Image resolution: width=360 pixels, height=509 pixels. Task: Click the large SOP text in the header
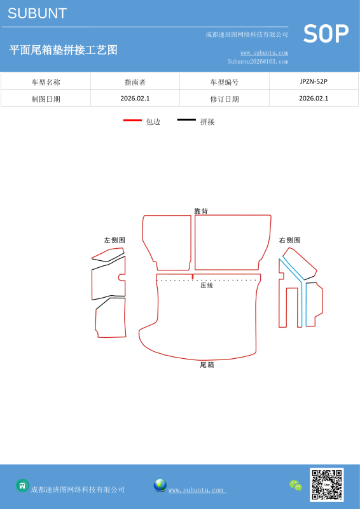326,34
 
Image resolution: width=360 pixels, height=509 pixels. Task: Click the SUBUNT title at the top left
37,13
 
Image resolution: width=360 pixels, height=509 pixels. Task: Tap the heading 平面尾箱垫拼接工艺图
63,50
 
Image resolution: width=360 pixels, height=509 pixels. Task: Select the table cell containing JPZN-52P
314,81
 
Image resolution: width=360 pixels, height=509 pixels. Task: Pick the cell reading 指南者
135,82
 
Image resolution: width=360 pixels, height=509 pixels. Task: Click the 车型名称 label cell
46,82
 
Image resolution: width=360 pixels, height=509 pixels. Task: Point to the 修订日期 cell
225,99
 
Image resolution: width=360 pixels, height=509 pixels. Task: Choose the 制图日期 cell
46,99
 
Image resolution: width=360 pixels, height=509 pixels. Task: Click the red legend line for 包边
132,120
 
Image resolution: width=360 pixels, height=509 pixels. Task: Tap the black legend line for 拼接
186,120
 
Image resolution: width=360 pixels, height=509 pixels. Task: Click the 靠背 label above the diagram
201,211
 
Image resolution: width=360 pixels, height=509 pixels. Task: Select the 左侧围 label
114,241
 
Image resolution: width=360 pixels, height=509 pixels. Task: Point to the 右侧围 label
289,241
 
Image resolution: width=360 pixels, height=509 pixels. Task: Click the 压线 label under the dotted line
207,285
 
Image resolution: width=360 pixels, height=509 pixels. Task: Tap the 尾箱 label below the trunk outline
207,365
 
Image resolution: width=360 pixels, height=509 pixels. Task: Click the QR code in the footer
326,485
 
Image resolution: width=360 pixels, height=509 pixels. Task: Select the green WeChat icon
296,485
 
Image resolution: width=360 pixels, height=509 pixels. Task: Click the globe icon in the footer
160,485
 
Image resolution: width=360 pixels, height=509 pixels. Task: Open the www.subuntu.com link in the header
264,53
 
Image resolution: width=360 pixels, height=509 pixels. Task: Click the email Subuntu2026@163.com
258,61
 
